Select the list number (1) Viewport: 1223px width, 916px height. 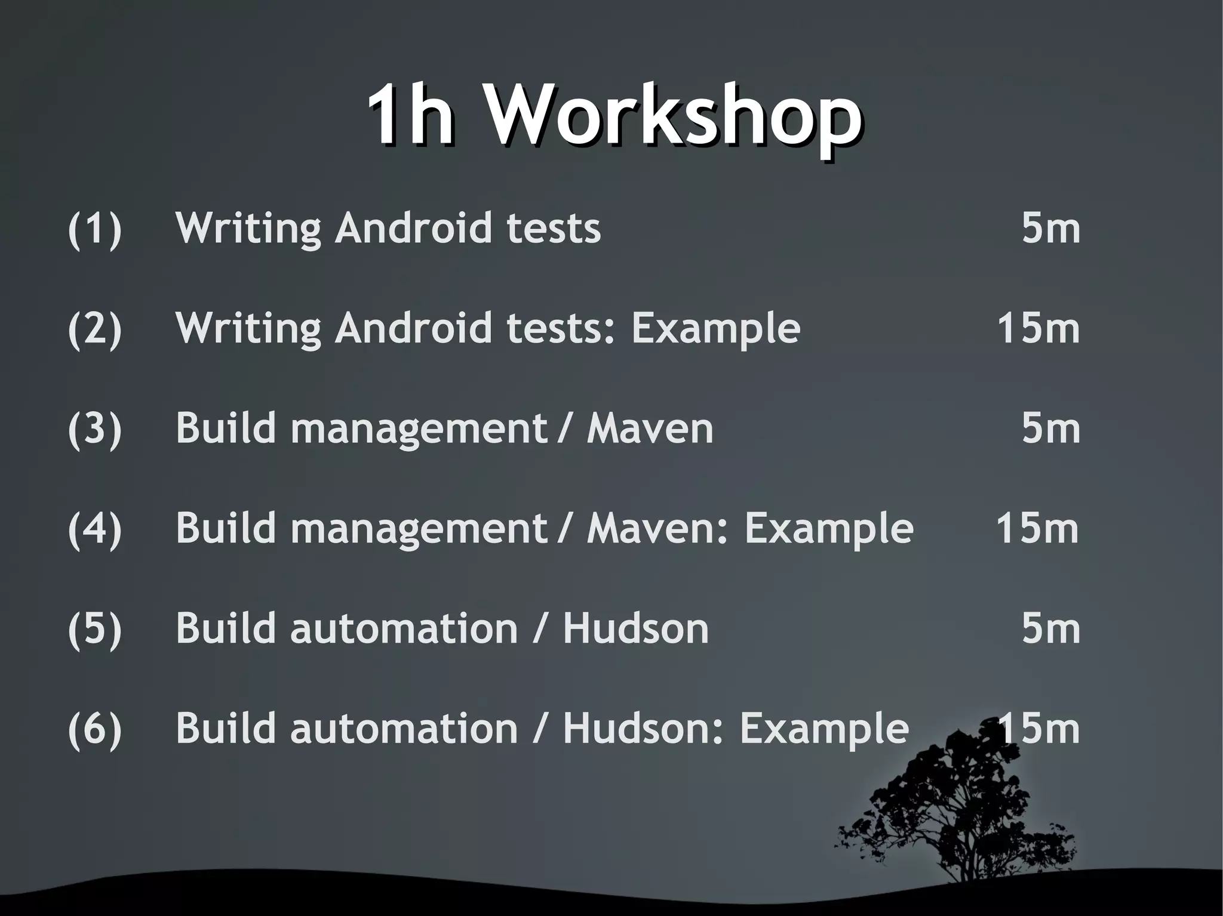click(x=95, y=229)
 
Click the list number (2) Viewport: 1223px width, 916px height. click(x=95, y=329)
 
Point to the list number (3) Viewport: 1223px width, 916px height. click(x=95, y=429)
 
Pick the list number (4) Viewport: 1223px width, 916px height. click(x=95, y=529)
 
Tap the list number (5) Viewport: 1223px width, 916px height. click(x=95, y=629)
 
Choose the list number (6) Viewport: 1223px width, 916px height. click(x=95, y=729)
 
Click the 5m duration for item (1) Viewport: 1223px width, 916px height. click(x=1051, y=229)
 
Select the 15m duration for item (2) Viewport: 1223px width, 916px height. click(x=1038, y=329)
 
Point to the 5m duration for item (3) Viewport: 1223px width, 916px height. click(x=1051, y=429)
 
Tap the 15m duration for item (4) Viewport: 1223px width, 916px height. click(x=1038, y=529)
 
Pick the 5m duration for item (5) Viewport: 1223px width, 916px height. click(x=1051, y=629)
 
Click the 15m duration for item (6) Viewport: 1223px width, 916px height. click(x=1038, y=729)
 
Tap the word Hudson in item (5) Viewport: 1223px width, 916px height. click(x=635, y=629)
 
